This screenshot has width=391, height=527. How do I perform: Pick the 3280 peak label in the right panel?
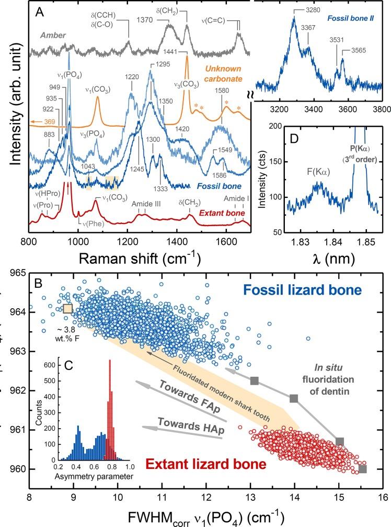(314, 10)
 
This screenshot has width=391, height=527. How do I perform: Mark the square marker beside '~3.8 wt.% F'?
(67, 309)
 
